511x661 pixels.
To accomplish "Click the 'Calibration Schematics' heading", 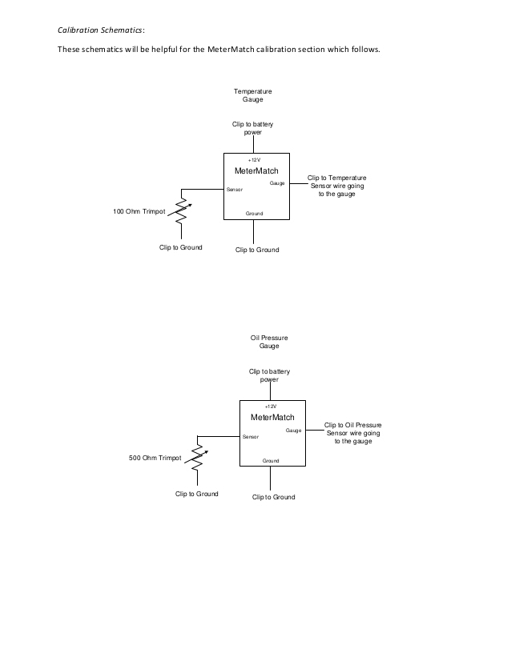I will pos(100,30).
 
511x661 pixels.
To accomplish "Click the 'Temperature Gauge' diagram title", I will pos(253,96).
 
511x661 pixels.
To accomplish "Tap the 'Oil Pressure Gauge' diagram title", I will pos(269,342).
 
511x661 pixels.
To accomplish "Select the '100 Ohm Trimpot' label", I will pos(139,212).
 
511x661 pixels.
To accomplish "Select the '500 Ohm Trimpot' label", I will pos(155,459).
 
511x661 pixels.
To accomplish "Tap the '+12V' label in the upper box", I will pos(254,160).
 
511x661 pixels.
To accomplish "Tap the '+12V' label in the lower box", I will pos(270,407).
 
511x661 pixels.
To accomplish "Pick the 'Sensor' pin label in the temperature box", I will pos(235,190).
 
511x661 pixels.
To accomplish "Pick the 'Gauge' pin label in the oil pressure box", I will pos(293,431).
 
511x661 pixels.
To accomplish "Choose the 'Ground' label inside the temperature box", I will pos(254,214).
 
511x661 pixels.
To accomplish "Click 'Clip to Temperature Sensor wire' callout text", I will pos(336,186).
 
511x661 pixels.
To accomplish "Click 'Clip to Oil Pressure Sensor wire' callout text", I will pos(352,433).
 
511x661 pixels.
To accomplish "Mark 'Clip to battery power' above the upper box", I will pos(253,128).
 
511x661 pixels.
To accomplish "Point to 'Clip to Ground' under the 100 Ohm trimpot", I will pos(180,247).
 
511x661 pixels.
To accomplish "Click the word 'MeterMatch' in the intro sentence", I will pos(233,50).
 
